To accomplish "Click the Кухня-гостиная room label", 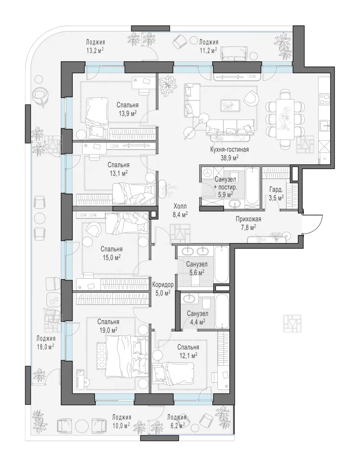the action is [x=229, y=149].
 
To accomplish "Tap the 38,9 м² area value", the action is [x=229, y=158].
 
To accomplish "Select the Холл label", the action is [x=180, y=206].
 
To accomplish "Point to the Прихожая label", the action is [x=248, y=219].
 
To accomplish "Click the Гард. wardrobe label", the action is [x=276, y=190].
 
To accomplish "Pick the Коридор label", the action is [x=163, y=285].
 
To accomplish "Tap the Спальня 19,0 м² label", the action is [x=108, y=326].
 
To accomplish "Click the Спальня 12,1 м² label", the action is [x=188, y=351].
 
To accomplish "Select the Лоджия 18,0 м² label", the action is [x=46, y=342].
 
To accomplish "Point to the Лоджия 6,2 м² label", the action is [x=176, y=421].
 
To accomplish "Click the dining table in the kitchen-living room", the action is [x=285, y=119].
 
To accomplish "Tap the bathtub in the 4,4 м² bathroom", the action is [x=222, y=311].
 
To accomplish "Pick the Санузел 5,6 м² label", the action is [x=197, y=268].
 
